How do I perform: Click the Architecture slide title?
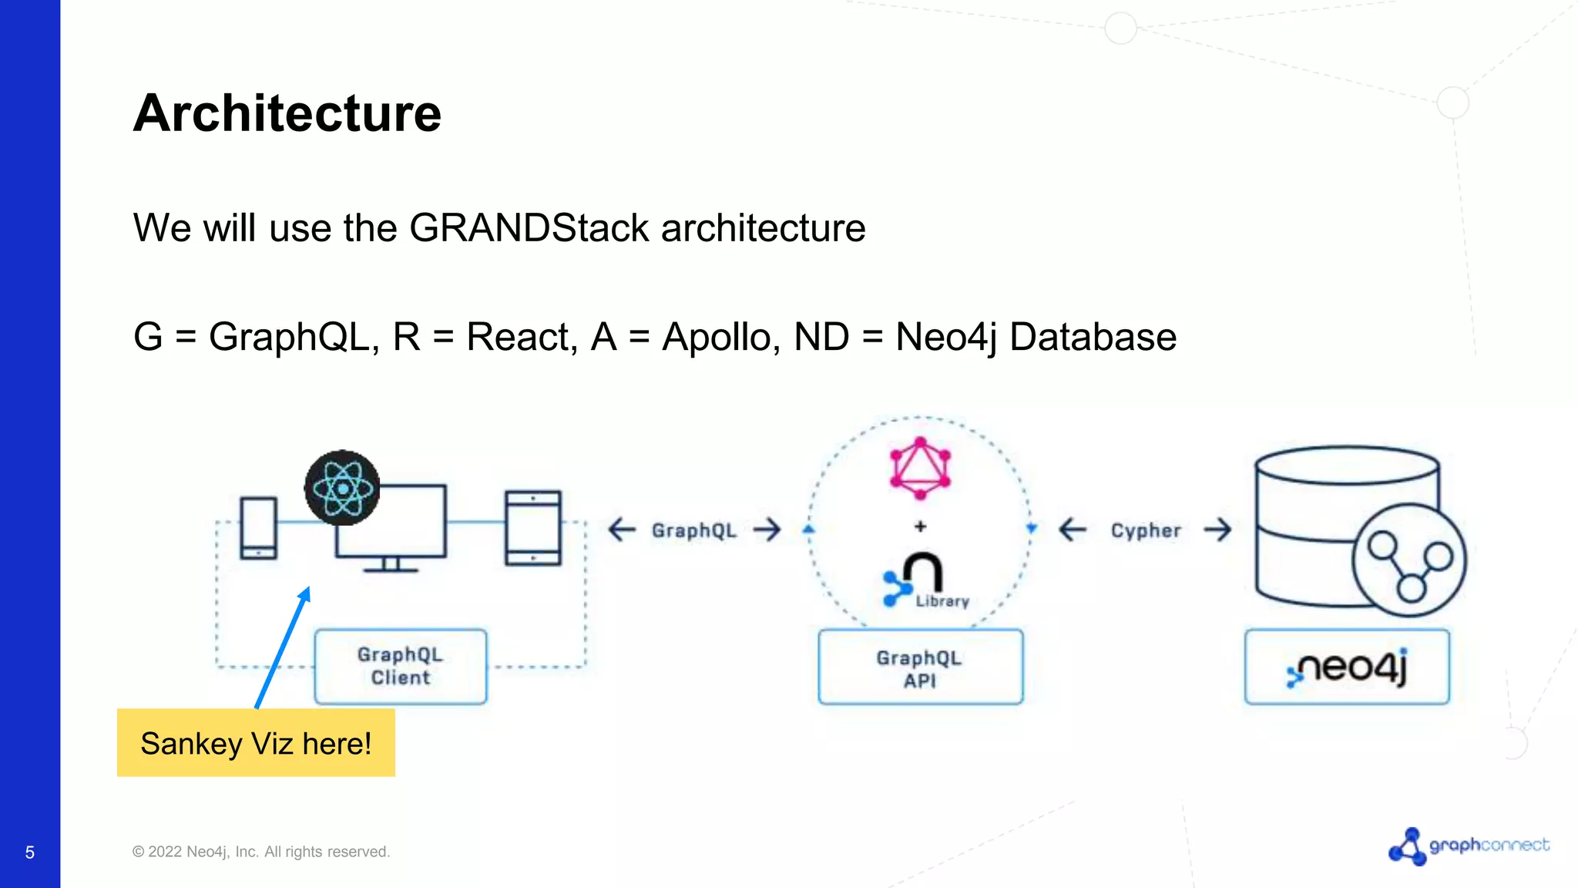click(x=287, y=113)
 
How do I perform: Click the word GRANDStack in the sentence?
click(x=529, y=228)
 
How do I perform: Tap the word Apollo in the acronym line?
click(x=717, y=338)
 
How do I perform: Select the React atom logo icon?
click(x=342, y=488)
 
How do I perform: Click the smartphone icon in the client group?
click(x=258, y=528)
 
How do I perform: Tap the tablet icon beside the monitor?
click(x=533, y=528)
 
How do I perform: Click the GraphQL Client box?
click(x=400, y=667)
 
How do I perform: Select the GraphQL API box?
click(x=920, y=668)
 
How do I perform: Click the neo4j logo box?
click(x=1347, y=668)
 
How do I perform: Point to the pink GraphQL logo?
click(x=920, y=468)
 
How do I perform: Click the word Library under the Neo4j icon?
click(x=942, y=601)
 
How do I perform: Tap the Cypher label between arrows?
click(x=1146, y=530)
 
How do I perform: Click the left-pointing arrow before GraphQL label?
click(x=622, y=530)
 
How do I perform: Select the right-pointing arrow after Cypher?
click(x=1218, y=530)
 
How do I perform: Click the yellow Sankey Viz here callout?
click(x=256, y=743)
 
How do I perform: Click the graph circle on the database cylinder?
click(x=1409, y=560)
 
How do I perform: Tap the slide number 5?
click(x=30, y=853)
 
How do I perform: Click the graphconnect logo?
click(x=1469, y=846)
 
